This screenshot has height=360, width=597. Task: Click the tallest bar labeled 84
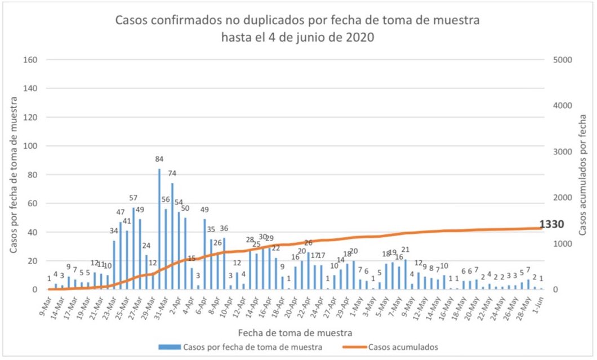[x=159, y=229]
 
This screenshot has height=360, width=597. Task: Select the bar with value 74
[x=172, y=236]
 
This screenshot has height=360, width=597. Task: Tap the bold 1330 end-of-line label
[x=552, y=225]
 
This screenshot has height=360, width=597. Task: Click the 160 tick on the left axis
[x=32, y=60]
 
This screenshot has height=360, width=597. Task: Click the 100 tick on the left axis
[x=32, y=146]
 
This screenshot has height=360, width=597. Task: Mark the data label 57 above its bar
[x=133, y=198]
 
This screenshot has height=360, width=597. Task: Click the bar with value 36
[x=224, y=263]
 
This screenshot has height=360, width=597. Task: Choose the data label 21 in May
[x=406, y=250]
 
